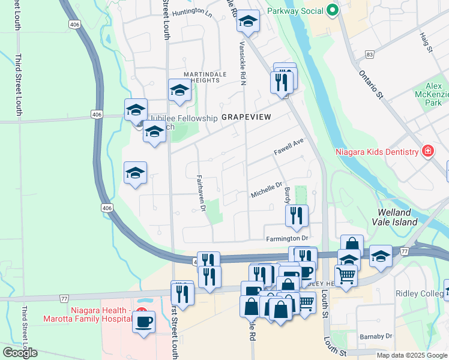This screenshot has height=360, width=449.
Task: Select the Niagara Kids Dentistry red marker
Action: [x=428, y=151]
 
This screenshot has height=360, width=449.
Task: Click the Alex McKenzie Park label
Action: [x=432, y=94]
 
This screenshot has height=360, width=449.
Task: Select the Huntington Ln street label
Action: [x=192, y=13]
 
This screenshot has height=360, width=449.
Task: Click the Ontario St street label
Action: [x=371, y=83]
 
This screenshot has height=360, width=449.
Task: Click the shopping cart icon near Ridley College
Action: [x=346, y=275]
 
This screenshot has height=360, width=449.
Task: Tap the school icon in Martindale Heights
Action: [x=179, y=91]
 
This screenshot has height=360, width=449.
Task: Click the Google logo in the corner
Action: [x=20, y=353]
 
